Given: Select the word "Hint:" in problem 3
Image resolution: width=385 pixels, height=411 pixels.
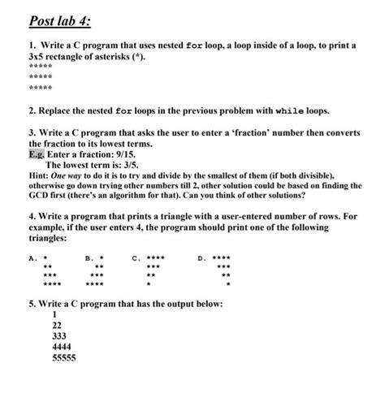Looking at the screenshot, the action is [x=40, y=175].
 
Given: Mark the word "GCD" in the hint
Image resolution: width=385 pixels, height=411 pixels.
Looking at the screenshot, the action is [x=40, y=196].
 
